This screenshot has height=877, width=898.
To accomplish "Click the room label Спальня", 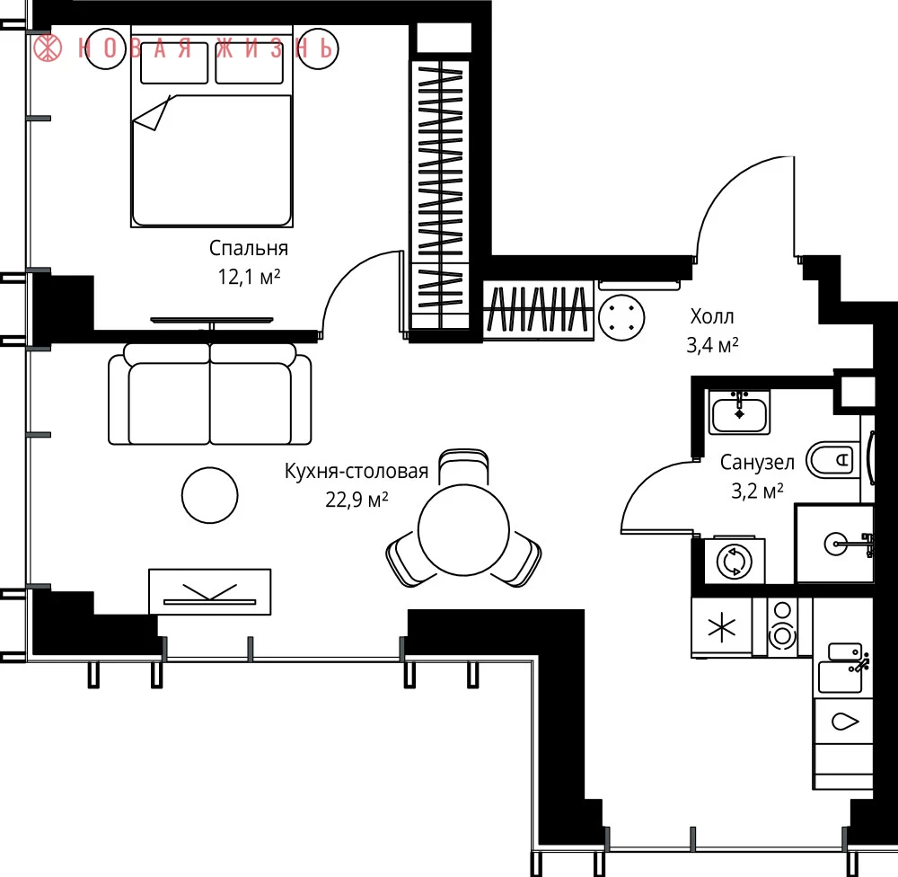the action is [248, 248].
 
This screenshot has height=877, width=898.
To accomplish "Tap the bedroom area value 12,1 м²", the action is [249, 277].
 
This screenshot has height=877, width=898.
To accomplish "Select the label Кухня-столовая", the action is [357, 471].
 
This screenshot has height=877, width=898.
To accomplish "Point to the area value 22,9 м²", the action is [357, 500].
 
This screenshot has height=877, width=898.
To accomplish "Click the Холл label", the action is [712, 315].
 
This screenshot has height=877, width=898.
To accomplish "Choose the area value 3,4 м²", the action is [712, 345].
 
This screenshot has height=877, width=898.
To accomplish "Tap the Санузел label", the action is [757, 462].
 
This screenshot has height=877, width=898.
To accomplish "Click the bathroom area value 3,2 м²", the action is [757, 491].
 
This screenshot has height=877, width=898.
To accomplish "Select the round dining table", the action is [464, 530].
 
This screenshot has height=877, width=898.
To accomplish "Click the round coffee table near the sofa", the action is [209, 495].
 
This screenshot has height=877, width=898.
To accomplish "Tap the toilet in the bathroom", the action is [833, 460].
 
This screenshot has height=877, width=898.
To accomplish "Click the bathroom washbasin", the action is [739, 412].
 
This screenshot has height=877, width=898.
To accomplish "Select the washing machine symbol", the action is [734, 562].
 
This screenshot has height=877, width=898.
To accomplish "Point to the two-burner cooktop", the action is [782, 625].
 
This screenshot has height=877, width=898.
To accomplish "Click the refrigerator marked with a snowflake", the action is [722, 626].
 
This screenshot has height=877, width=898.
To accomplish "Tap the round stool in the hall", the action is [621, 317].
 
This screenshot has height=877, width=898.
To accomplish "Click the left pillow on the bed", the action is [174, 63].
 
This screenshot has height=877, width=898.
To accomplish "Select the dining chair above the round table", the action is [464, 466].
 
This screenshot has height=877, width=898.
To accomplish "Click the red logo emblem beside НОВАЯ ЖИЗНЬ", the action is [48, 49].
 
